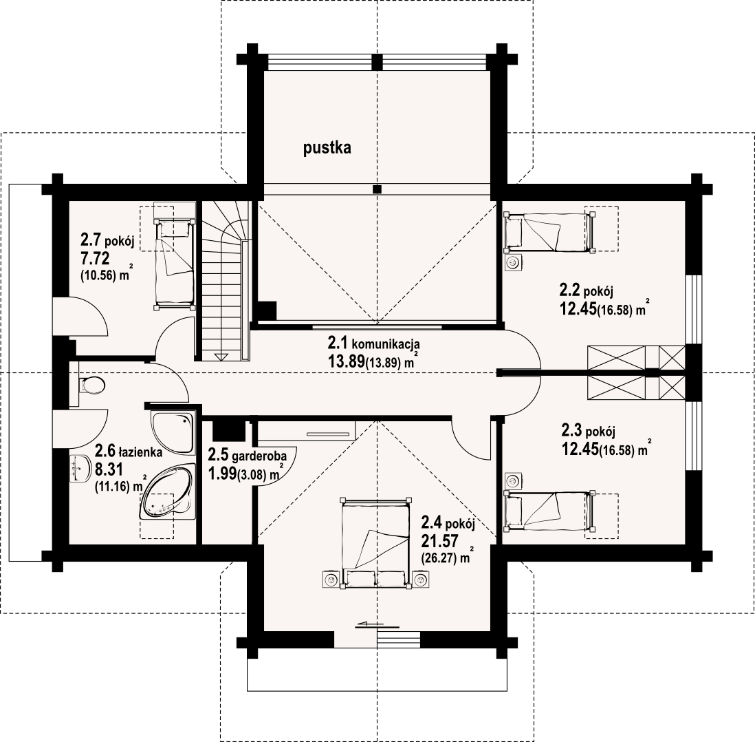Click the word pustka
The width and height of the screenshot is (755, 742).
[x=327, y=148]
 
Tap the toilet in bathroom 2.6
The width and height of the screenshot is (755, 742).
[x=91, y=385]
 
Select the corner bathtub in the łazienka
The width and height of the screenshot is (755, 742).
[x=167, y=491]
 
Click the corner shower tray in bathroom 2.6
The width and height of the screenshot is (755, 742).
[x=173, y=432]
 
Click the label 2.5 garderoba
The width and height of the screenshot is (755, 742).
[x=247, y=455]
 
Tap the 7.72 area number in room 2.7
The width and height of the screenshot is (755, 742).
[x=95, y=258]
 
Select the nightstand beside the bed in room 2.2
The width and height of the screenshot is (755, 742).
[x=513, y=263]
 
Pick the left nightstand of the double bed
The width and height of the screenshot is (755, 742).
[x=331, y=580]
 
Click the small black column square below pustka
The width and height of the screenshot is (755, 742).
[x=377, y=189]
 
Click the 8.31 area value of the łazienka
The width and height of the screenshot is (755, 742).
[x=109, y=469]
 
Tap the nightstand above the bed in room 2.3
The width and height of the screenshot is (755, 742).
[x=513, y=480]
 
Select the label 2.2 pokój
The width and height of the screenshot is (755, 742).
[x=586, y=290]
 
